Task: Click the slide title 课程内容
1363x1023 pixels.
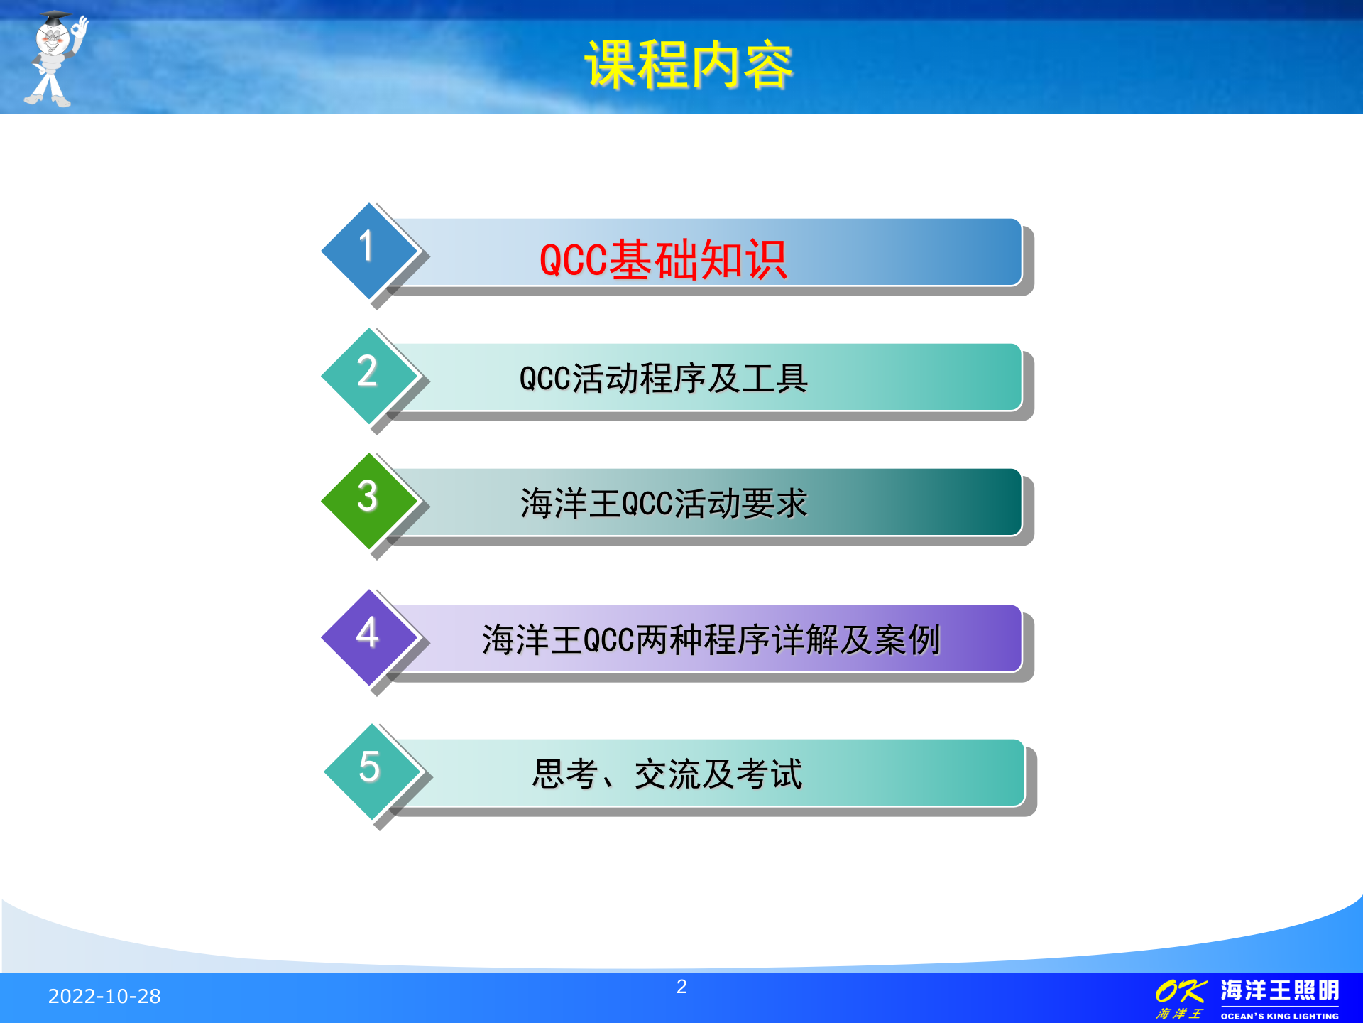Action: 688,65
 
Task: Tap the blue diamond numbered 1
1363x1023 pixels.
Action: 368,250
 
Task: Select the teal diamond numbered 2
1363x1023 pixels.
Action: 368,374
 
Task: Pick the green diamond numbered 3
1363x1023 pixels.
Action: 368,499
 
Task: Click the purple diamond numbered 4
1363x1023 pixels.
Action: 368,636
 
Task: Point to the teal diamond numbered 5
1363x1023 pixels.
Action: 370,770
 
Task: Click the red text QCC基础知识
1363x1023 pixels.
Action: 663,260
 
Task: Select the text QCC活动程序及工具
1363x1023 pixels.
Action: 663,379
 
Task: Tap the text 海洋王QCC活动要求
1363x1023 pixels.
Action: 663,504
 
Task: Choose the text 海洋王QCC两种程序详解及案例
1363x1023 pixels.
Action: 711,640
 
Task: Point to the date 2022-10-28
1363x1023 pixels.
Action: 104,997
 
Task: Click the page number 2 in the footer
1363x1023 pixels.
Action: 681,987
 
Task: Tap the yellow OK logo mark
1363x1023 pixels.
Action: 1180,991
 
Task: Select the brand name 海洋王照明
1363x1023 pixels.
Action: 1279,990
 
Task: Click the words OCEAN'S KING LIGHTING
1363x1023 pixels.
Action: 1279,1016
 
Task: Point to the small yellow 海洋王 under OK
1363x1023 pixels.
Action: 1179,1014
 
